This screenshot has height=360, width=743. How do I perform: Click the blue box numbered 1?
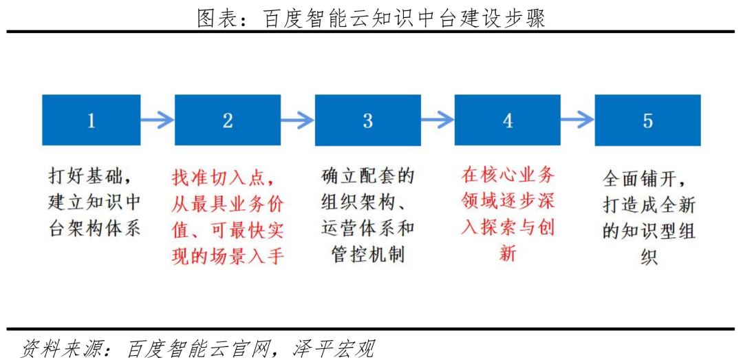[91, 120]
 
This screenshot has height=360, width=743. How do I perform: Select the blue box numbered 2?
[228, 120]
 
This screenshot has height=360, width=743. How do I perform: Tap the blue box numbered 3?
[368, 120]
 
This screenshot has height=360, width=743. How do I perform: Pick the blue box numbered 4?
[508, 120]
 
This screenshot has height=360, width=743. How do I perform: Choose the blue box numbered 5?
[648, 120]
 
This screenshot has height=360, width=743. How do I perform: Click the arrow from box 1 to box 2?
[158, 120]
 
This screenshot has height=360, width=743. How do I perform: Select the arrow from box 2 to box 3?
[298, 120]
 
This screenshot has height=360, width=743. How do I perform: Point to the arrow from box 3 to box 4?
[438, 120]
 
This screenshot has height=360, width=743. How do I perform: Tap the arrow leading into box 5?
[578, 120]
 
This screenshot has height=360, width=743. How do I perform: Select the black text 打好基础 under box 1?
[86, 176]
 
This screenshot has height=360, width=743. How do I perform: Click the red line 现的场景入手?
[228, 257]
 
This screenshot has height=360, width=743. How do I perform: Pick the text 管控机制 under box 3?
[367, 257]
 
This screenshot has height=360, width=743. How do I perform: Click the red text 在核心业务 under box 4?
[508, 176]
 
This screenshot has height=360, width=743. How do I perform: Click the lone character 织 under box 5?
[648, 257]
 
